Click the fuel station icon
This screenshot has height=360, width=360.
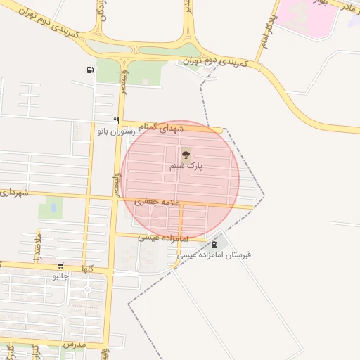point(89,69)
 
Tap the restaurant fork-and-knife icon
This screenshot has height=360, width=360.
point(117,120)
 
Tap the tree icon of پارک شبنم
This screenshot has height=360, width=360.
point(186,155)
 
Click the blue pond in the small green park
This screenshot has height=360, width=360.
point(51,208)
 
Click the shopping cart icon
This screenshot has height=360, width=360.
point(61,266)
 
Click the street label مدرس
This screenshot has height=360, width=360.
point(74,345)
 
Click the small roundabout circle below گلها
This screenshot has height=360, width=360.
point(87,289)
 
